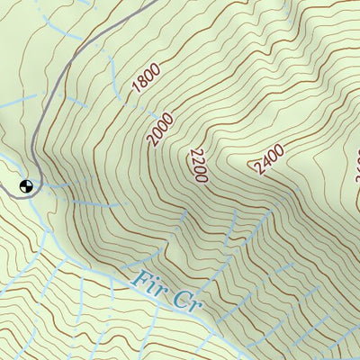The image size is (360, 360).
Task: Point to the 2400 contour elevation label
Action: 267,159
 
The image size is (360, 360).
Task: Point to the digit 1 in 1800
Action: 136,91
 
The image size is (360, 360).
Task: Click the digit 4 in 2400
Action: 264,163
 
